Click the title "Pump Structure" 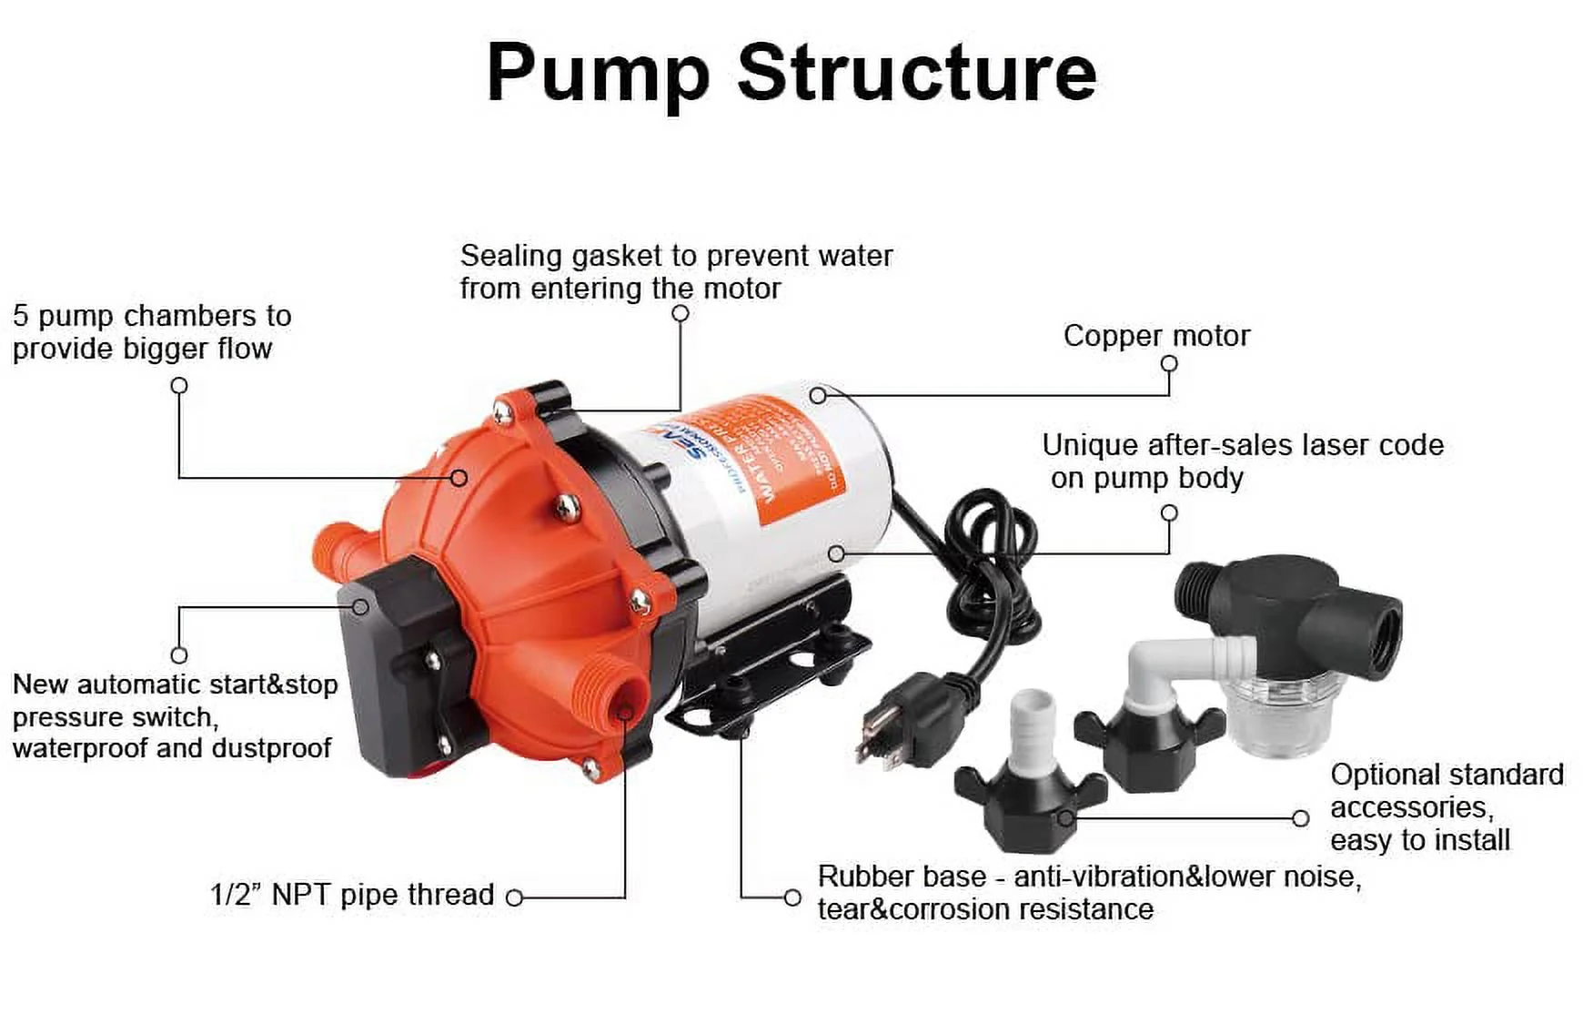point(791,73)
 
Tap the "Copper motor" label point(1156,336)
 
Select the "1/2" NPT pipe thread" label point(351,895)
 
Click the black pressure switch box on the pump point(391,664)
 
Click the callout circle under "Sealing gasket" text point(680,313)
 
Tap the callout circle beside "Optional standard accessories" point(1301,818)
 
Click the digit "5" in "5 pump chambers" point(20,316)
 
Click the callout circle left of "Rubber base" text point(792,897)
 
